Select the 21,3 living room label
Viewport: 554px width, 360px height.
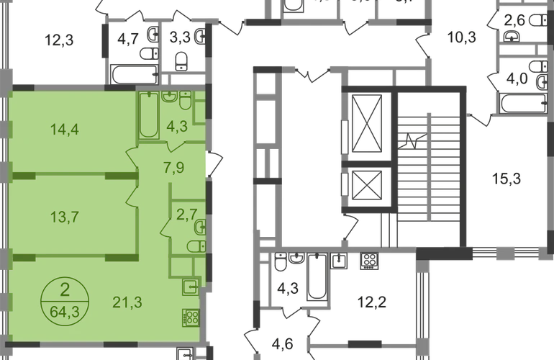tap(127, 301)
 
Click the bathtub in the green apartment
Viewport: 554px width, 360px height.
tap(148, 115)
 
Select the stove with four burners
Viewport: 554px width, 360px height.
tap(191, 317)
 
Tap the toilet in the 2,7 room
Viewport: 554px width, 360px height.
tap(195, 247)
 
